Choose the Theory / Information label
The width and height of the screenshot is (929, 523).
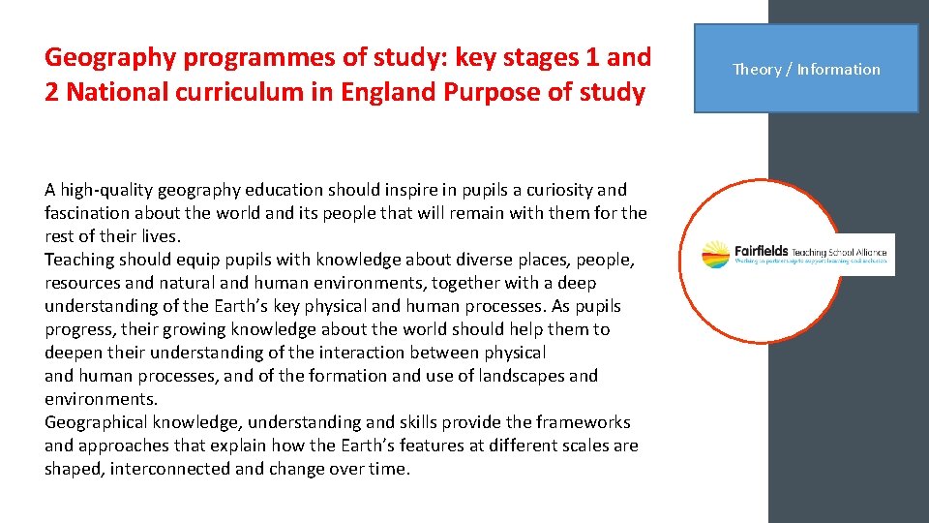[x=806, y=69]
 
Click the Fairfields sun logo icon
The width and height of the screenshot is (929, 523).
[x=716, y=254]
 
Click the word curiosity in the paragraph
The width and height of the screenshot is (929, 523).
[x=550, y=190]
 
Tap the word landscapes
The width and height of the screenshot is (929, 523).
[x=513, y=376]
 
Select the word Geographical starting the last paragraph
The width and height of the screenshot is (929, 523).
[x=95, y=422]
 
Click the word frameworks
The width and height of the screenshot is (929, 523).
[x=584, y=422]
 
